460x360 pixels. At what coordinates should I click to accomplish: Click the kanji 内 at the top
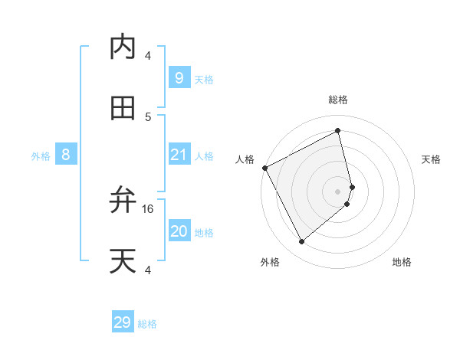point(123,47)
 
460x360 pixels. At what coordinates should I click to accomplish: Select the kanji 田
point(123,108)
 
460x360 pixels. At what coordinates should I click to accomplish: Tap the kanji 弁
point(123,201)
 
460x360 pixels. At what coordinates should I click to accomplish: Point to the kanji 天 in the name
point(123,261)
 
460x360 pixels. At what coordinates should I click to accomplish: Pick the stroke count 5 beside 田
point(148,116)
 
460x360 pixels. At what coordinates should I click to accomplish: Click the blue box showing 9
point(179,77)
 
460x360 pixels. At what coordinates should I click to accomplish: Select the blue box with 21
point(179,155)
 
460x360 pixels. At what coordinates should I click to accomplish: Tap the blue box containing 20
point(179,231)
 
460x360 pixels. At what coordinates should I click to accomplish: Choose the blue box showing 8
point(66,155)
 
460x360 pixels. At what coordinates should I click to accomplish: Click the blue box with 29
point(123,322)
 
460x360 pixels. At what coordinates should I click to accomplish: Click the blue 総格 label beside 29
point(147,324)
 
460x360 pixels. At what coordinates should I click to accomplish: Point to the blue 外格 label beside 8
point(41,156)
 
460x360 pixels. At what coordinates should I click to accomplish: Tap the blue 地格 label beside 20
point(204,233)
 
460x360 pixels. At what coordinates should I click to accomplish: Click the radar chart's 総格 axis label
point(338,100)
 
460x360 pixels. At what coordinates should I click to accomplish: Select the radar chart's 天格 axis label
point(432,159)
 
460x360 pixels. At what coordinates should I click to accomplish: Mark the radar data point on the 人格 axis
point(264,168)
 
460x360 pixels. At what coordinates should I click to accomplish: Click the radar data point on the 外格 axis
point(301,242)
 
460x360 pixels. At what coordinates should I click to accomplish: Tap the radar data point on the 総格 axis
point(338,131)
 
